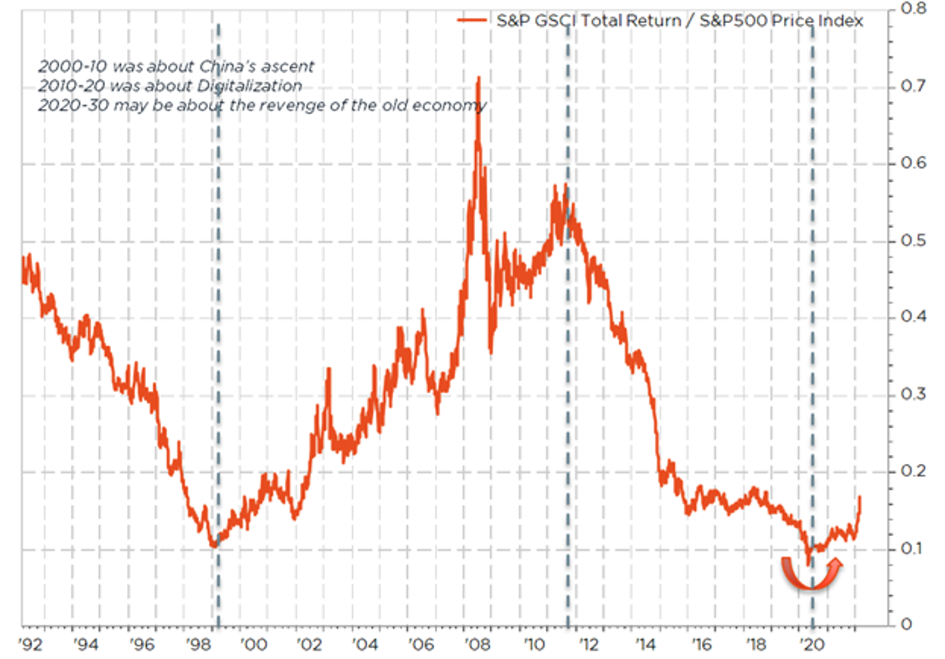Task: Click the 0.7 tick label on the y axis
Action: coord(913,86)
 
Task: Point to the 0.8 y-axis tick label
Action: coord(913,9)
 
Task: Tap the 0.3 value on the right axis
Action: coord(913,394)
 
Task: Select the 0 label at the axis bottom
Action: coord(906,624)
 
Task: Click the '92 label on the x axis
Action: coord(30,644)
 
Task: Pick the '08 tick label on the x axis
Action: coord(477,644)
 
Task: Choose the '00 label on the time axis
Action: coord(254,644)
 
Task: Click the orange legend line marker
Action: coord(472,21)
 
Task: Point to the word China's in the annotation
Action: coord(229,66)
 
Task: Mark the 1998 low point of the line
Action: coord(214,545)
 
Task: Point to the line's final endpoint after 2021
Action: coord(860,497)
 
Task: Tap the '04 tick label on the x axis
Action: coord(365,644)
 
